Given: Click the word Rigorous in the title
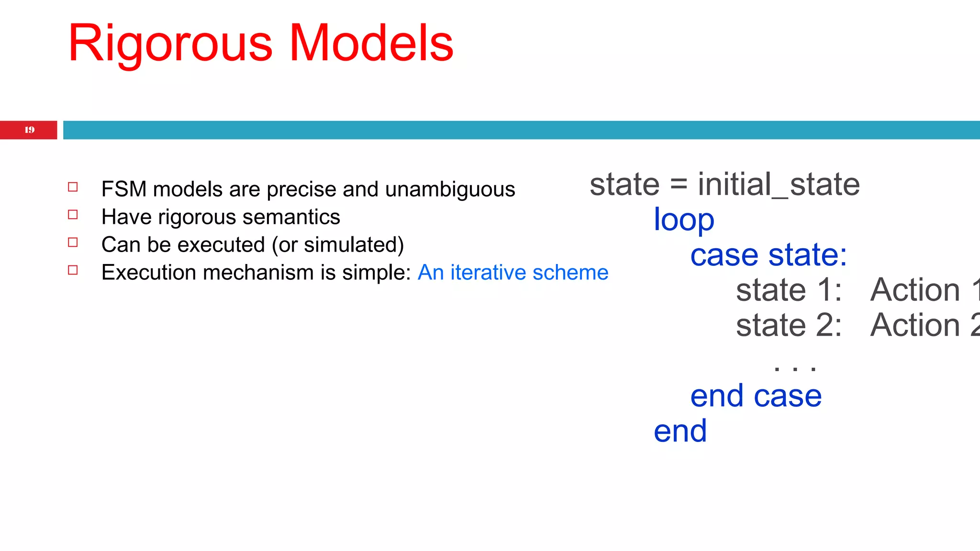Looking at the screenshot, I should tap(170, 44).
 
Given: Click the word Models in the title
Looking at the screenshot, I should tap(371, 44).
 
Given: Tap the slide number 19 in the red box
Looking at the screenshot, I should tap(29, 130).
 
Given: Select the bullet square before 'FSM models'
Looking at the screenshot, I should tap(73, 187).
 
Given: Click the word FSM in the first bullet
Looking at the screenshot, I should tap(123, 189).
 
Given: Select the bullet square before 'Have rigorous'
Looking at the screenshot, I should tap(73, 215).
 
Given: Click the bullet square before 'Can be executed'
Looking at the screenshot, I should tap(73, 242).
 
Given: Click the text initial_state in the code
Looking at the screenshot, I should tap(779, 185).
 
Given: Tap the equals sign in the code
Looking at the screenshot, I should tap(679, 185).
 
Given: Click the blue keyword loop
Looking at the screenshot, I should tap(684, 220).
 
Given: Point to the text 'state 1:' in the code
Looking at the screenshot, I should tap(789, 290).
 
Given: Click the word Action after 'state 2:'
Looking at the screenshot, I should tap(915, 325).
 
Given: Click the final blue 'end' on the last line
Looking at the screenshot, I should tap(680, 431).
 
